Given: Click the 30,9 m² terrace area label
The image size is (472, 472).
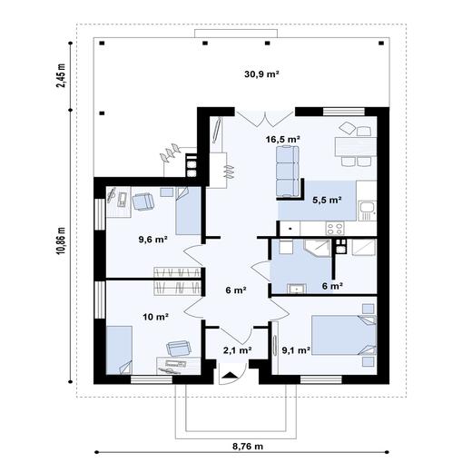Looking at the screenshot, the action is tap(261, 74).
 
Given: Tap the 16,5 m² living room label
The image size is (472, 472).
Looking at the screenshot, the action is tap(283, 139).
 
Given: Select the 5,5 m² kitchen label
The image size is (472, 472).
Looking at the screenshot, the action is tap(327, 200).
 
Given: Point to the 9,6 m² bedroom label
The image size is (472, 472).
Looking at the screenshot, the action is tap(153, 240).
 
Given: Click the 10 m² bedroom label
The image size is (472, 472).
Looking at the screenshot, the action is tap(155, 317).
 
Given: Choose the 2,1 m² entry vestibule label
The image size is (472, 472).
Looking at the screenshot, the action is tap(238, 350).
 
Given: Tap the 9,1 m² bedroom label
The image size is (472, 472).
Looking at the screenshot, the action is tap(296, 350).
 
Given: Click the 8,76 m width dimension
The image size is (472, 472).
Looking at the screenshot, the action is tap(248, 447).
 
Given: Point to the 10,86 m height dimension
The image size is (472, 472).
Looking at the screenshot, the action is tap(61, 241).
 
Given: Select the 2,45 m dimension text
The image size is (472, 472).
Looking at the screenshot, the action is tap(61, 75).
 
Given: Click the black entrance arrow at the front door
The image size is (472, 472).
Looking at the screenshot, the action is tap(231, 376).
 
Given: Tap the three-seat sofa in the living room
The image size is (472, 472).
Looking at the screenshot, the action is tap(287, 171).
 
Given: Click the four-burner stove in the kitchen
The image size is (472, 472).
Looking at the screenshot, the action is tap(335, 228).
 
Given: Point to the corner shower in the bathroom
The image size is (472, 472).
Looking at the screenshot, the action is tap(318, 248).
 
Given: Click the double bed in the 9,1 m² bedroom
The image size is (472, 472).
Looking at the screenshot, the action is tap(344, 335).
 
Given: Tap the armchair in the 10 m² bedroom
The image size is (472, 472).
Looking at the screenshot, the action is tap(179, 349).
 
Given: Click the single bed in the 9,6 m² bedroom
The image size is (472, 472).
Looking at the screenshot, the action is tap(188, 211).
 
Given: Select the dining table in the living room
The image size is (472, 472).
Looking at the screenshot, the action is tap(356, 146).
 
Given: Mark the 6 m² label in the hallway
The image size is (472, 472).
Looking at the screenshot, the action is tap(236, 290).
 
